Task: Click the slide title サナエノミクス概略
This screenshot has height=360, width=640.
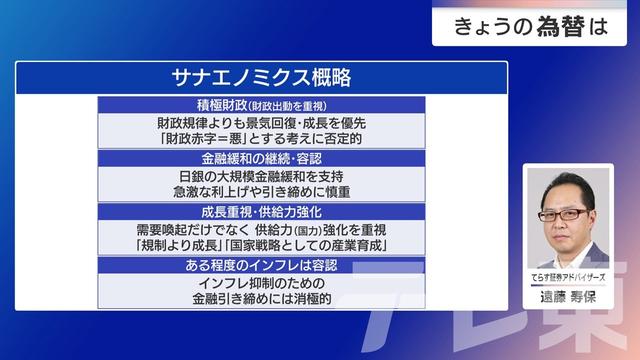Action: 261,77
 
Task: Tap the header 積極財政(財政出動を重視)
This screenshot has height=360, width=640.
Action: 262,106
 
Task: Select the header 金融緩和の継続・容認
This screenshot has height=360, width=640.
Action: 262,158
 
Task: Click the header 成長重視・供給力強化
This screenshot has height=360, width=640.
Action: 262,212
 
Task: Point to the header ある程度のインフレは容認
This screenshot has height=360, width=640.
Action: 262,265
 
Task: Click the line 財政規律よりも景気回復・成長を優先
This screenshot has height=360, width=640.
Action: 262,123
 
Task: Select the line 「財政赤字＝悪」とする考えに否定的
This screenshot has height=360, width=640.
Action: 262,139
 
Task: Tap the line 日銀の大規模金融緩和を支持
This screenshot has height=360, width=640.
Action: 262,176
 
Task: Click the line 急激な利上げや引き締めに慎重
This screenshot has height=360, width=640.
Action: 262,192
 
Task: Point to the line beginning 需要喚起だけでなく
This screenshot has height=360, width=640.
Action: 262,230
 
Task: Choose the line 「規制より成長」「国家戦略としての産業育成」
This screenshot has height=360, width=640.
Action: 262,245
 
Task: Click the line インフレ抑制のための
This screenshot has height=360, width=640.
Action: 262,283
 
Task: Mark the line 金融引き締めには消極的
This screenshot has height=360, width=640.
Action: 262,299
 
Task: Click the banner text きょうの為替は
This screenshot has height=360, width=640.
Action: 531,27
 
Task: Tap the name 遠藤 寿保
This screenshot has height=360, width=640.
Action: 568,297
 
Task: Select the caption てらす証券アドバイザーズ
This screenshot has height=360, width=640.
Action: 568,278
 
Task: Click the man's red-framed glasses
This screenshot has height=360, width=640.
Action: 563,215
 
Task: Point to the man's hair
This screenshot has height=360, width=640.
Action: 568,187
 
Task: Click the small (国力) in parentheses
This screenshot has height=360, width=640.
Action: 307,231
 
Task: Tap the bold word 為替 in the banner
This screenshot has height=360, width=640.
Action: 560,27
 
